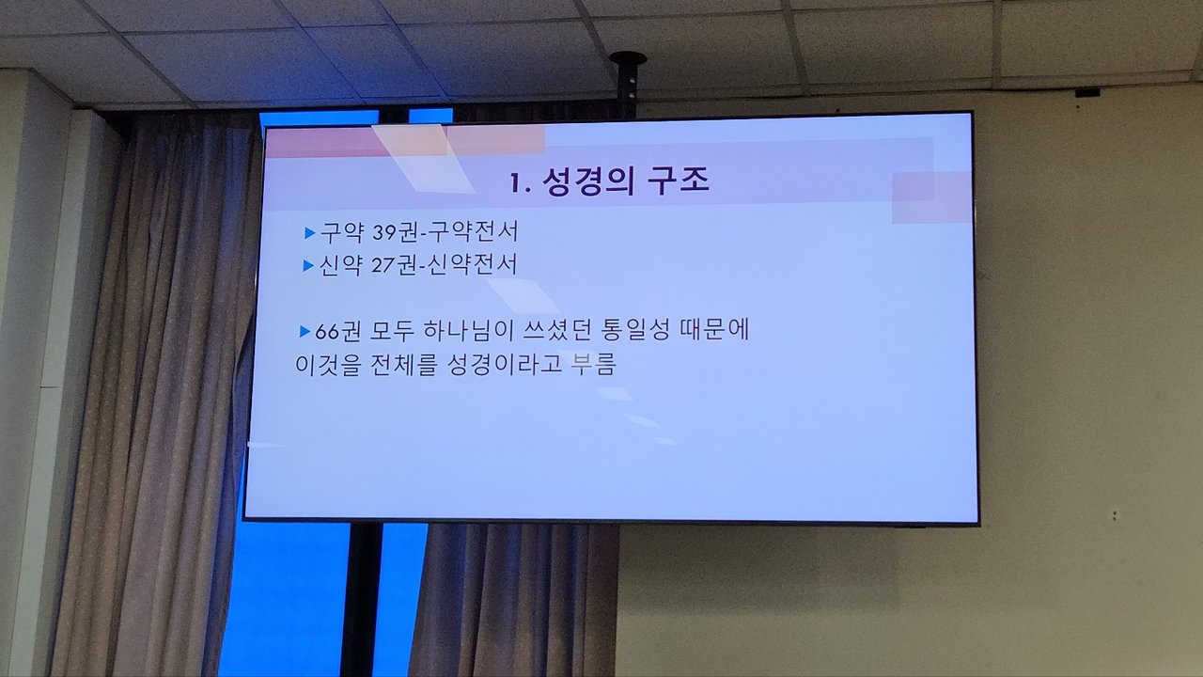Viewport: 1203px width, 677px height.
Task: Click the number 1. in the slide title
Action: (521, 183)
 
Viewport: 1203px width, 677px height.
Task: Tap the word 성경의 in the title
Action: (588, 181)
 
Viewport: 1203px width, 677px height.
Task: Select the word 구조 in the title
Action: (679, 181)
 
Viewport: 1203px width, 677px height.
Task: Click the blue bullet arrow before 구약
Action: (309, 232)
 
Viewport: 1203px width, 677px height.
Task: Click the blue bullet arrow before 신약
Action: (308, 265)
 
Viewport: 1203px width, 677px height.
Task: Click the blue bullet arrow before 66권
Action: (305, 332)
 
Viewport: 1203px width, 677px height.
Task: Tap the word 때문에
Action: (715, 329)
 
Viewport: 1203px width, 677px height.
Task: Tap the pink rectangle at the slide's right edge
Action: (931, 197)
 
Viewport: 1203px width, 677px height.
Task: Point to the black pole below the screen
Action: (362, 599)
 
